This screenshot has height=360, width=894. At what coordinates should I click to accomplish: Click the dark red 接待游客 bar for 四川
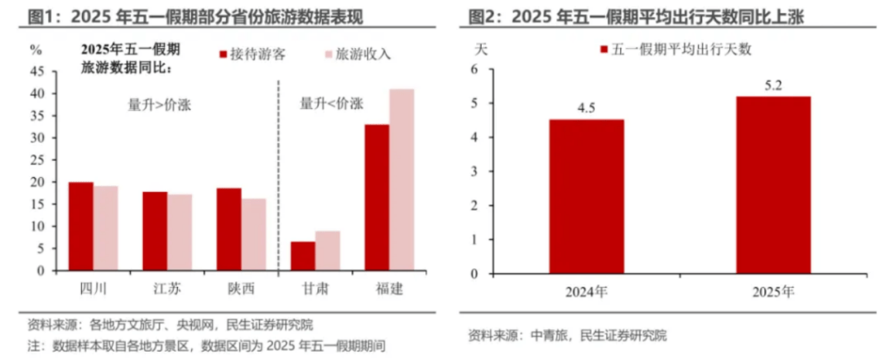point(80,226)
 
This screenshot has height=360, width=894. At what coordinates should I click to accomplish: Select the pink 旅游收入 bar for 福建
point(401,180)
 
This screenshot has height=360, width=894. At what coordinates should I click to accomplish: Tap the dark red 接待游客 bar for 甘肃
point(303,256)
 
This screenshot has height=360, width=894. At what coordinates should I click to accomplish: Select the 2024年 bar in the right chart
point(586,196)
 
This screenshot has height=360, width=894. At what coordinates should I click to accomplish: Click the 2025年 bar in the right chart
point(773,185)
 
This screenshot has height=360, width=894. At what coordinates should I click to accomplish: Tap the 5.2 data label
point(773,84)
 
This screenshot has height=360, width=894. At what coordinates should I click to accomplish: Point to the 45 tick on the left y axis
point(37,71)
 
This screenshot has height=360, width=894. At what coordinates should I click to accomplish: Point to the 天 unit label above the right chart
point(481,47)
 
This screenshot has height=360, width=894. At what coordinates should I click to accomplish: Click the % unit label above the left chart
point(36,49)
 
